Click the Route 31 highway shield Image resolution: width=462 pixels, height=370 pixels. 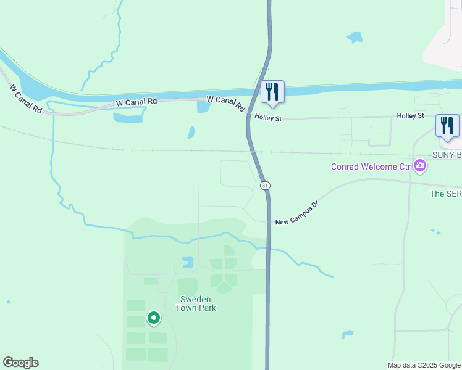[x=265, y=186]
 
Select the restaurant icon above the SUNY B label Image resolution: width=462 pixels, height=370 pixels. [x=447, y=126]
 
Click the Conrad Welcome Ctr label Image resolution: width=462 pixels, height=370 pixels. [x=371, y=166]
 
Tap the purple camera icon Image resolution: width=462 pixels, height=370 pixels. [x=420, y=165]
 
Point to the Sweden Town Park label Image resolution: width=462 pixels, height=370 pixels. [x=198, y=303]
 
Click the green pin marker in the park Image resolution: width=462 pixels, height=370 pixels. [x=153, y=318]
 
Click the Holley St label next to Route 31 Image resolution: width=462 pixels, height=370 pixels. [x=267, y=118]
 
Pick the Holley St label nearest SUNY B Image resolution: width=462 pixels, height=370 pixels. [x=410, y=115]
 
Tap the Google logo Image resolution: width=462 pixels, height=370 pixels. [x=20, y=363]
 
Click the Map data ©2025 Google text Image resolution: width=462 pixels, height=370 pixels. [x=424, y=365]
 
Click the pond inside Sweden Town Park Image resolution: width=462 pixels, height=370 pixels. [x=188, y=262]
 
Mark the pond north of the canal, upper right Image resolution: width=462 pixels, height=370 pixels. [x=355, y=37]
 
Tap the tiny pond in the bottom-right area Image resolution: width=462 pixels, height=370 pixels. [x=347, y=335]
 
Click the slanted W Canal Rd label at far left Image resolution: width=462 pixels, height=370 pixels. [x=25, y=99]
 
